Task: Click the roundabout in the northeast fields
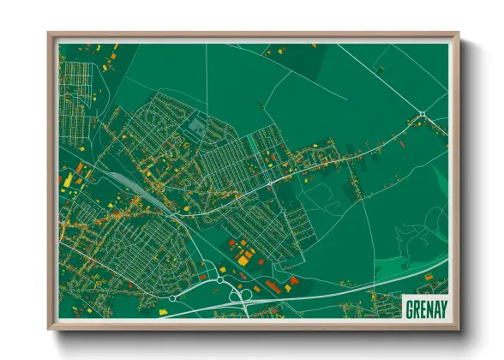pyautogui.click(x=422, y=114)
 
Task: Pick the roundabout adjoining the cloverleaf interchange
pyautogui.click(x=220, y=279)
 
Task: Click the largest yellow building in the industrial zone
pyautogui.click(x=245, y=256)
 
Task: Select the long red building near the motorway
pyautogui.click(x=273, y=285)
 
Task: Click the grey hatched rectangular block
pyautogui.click(x=195, y=125)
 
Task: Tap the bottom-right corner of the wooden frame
pyautogui.click(x=459, y=328)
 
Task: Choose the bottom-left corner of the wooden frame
pyautogui.click(x=49, y=328)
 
